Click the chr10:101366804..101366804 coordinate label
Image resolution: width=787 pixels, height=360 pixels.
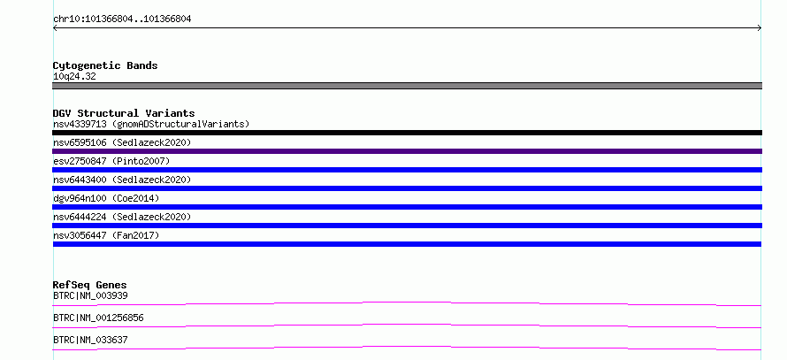click(x=122, y=19)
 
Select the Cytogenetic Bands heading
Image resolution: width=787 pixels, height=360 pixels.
click(x=105, y=65)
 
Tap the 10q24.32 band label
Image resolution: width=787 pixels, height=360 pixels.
click(x=74, y=76)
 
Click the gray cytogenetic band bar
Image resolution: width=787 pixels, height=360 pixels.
click(x=407, y=86)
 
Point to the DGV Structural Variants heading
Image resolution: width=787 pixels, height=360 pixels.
click(x=124, y=113)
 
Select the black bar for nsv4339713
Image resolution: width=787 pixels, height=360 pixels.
click(x=407, y=133)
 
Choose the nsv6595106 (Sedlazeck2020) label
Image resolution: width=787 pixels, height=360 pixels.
click(x=122, y=142)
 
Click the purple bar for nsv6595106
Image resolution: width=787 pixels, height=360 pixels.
click(x=407, y=151)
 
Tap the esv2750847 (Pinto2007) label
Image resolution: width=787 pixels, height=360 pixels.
click(x=111, y=161)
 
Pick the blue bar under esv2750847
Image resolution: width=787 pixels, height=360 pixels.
click(x=407, y=170)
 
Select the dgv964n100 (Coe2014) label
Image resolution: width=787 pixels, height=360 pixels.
click(x=106, y=198)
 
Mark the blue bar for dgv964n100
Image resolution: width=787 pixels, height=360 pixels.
click(x=407, y=207)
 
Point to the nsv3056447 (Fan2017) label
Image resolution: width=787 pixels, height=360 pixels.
click(x=106, y=235)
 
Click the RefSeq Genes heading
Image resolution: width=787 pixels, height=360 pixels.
click(x=90, y=285)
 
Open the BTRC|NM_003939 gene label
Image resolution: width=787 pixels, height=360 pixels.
click(x=90, y=295)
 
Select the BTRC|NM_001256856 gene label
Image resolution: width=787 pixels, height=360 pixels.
click(x=98, y=318)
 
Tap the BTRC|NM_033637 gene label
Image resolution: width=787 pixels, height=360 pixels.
click(x=90, y=340)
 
